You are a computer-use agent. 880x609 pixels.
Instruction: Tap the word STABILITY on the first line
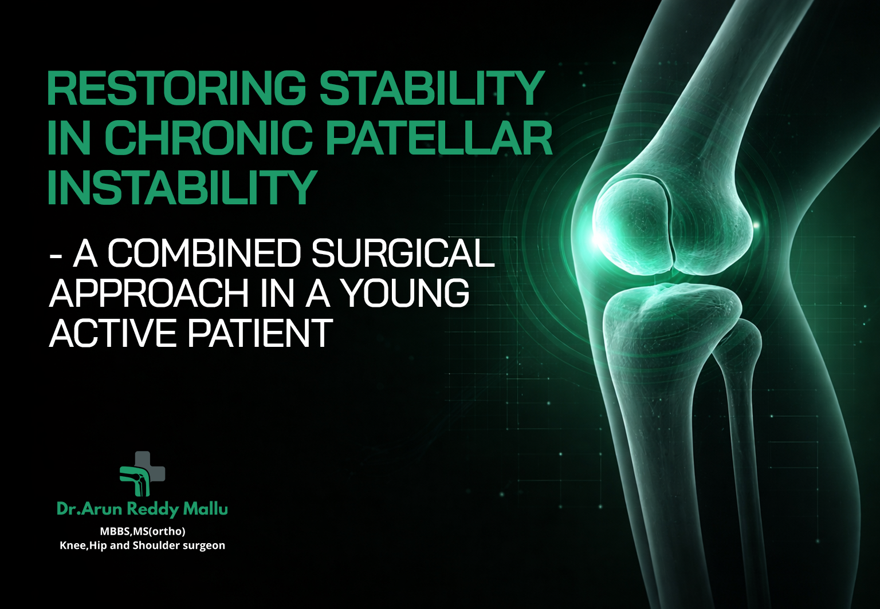(x=431, y=89)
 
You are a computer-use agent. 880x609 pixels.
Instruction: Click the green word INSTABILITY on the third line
(x=182, y=187)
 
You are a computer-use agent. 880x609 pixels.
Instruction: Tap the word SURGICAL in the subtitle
(x=402, y=252)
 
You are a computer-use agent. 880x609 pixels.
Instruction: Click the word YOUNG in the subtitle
(x=405, y=293)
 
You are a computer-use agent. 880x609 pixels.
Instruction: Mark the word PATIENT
(x=261, y=333)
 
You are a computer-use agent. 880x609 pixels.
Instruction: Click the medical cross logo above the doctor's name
(x=142, y=473)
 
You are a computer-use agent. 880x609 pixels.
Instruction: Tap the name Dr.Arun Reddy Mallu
(x=142, y=509)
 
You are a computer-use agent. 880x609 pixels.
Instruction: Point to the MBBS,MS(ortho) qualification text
(x=143, y=532)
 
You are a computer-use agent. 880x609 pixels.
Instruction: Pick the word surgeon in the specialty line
(x=204, y=546)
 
